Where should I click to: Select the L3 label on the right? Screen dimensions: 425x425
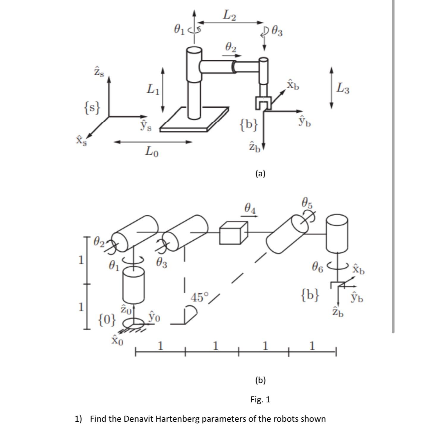[x=343, y=88]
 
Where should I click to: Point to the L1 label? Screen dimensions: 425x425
[x=153, y=89]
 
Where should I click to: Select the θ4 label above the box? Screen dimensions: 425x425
[x=250, y=208]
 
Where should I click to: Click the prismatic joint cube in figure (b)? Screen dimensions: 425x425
[x=233, y=233]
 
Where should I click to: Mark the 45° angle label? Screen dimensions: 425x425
[x=200, y=297]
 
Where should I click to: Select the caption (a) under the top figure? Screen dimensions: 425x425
[x=260, y=173]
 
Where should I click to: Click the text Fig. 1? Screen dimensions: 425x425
[x=260, y=399]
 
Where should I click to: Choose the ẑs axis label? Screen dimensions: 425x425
[x=99, y=72]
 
